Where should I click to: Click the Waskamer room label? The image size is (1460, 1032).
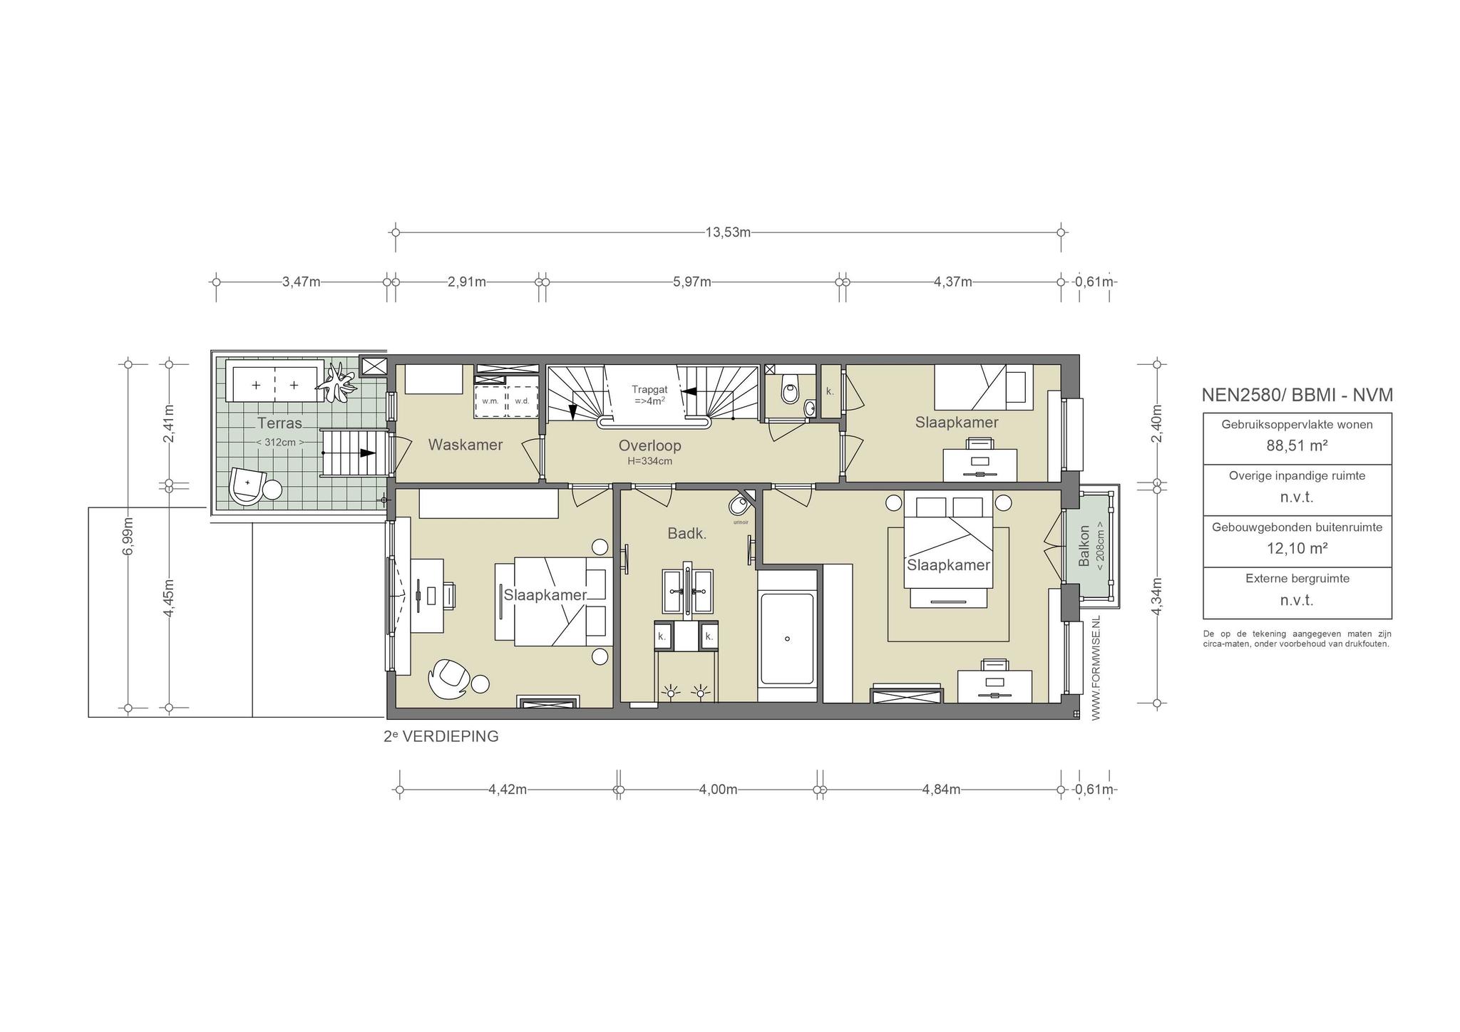[465, 445]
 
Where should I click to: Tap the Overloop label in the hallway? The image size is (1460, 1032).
[649, 445]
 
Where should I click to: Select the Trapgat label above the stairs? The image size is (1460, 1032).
[649, 390]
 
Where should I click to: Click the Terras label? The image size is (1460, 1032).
[279, 423]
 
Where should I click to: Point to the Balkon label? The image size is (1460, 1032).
[1084, 546]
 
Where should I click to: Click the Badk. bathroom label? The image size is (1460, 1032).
[687, 533]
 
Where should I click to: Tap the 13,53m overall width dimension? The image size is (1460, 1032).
[728, 232]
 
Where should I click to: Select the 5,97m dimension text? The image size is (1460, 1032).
[692, 282]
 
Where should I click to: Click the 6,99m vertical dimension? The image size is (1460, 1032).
[128, 535]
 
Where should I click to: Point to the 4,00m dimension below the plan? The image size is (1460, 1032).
[718, 790]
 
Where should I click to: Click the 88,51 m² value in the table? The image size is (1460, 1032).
[1297, 446]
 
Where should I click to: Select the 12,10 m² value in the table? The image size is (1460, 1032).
[1297, 548]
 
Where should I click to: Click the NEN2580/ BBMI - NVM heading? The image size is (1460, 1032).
[1297, 395]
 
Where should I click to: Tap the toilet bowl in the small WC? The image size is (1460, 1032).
[789, 391]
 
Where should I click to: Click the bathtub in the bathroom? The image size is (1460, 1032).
[787, 638]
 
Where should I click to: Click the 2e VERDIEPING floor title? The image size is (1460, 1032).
[441, 736]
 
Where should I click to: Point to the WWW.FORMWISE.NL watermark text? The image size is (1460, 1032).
[1096, 668]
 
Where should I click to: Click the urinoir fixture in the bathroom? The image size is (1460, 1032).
[739, 506]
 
